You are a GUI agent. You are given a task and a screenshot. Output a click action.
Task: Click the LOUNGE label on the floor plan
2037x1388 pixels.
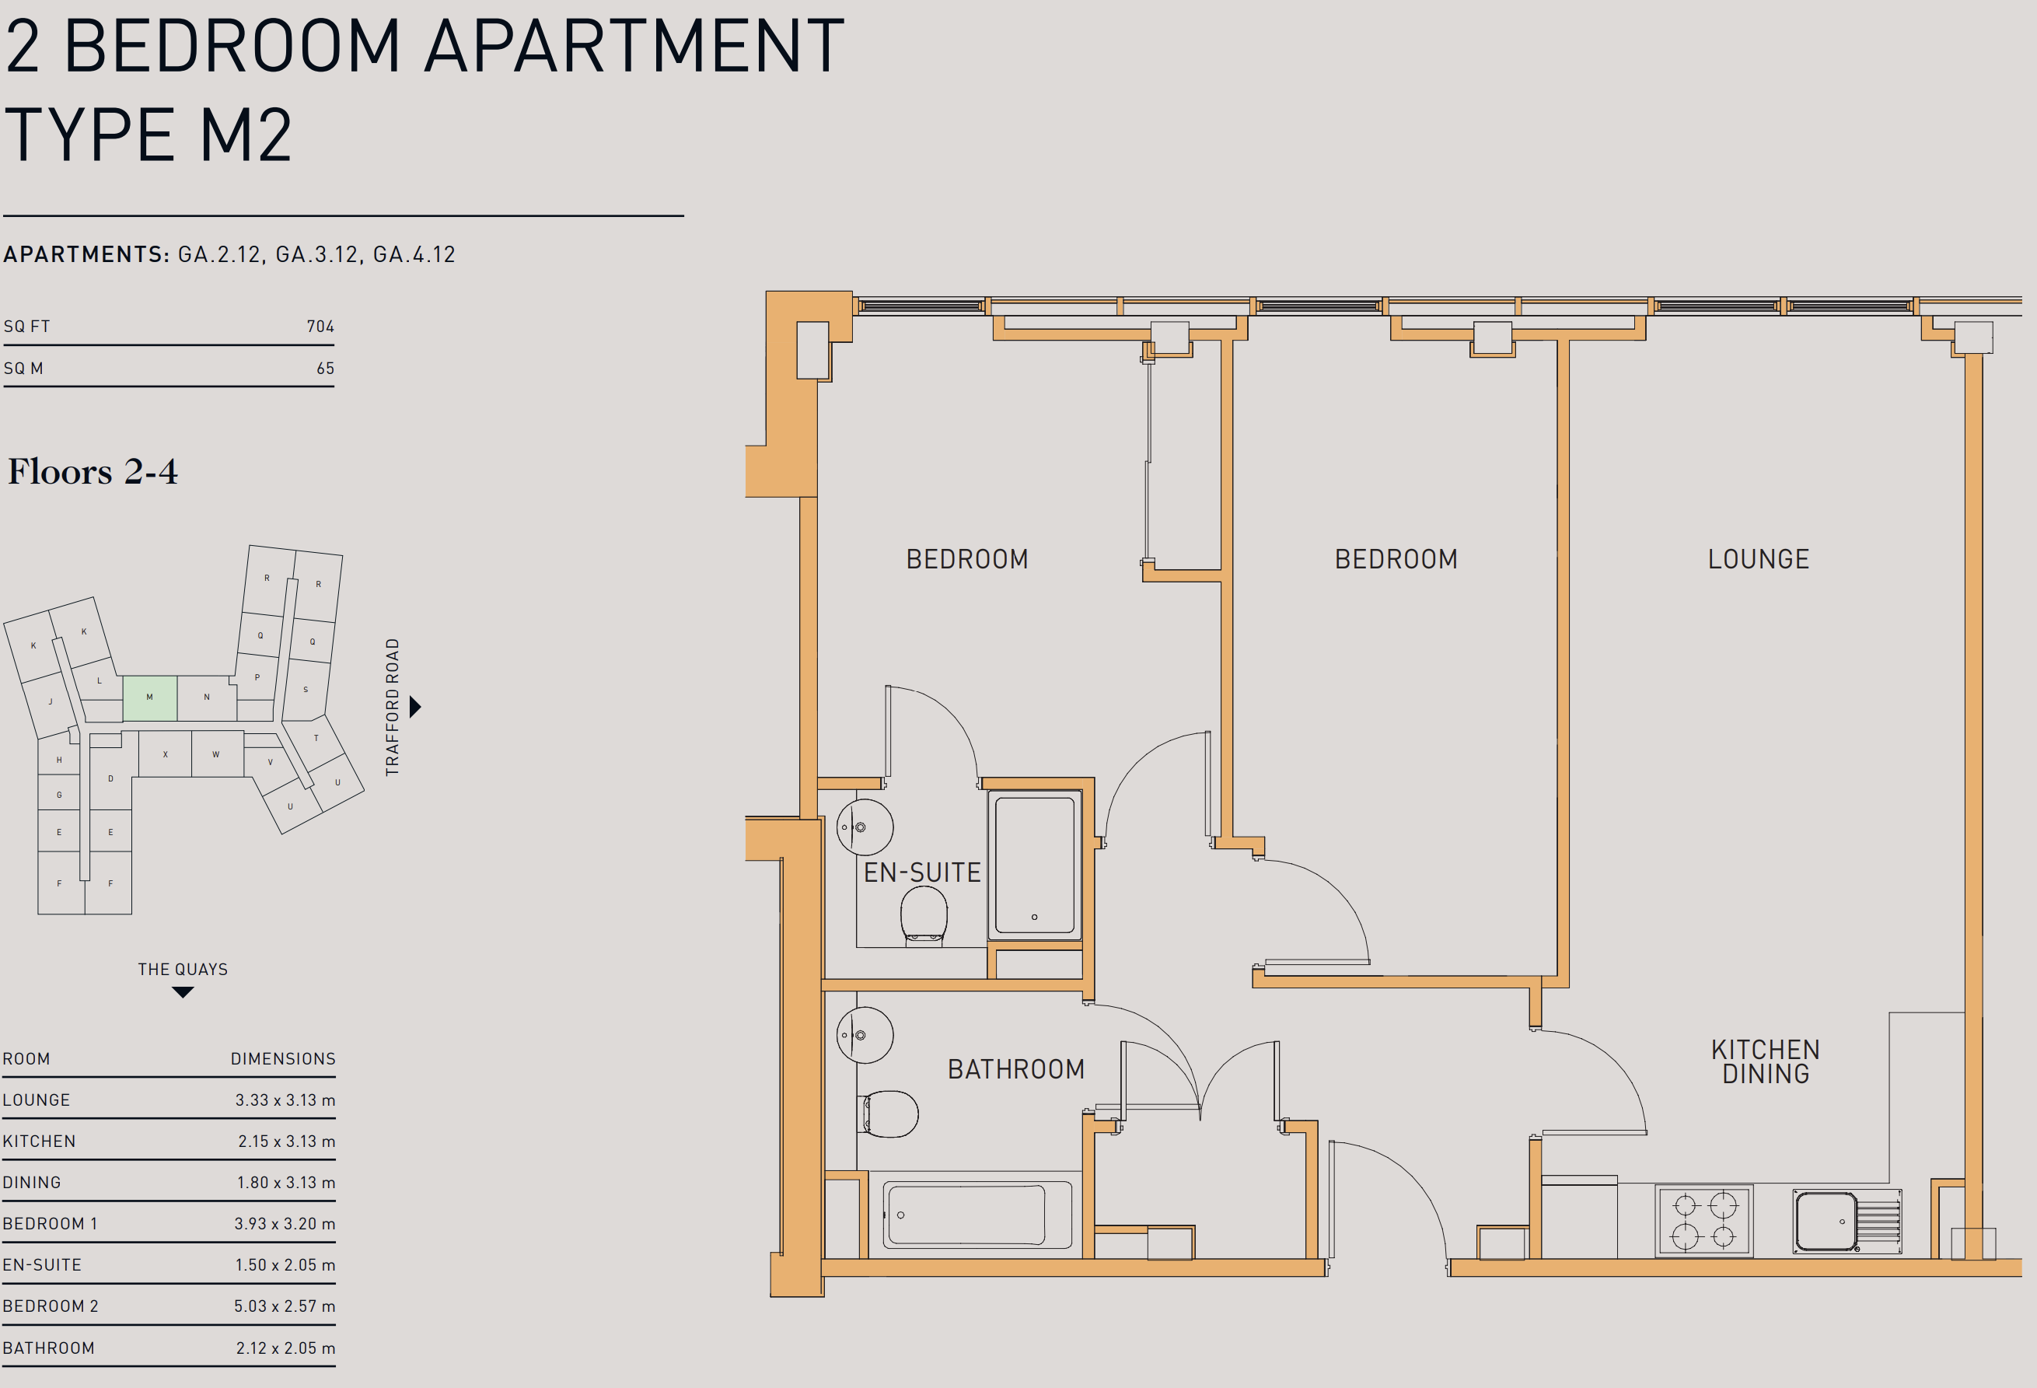pyautogui.click(x=1758, y=559)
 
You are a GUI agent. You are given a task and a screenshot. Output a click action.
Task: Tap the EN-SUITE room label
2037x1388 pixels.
pyautogui.click(x=922, y=872)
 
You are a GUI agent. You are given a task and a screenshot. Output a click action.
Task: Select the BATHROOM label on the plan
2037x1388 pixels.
pyautogui.click(x=1016, y=1069)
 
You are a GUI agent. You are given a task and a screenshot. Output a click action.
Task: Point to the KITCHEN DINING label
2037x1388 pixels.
pyautogui.click(x=1766, y=1062)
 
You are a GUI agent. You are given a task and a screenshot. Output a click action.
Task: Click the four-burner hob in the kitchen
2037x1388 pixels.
pyautogui.click(x=1704, y=1221)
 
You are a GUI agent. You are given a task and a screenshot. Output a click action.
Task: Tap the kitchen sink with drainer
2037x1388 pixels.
pyautogui.click(x=1847, y=1221)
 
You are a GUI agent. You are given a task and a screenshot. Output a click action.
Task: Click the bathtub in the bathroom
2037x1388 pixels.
pyautogui.click(x=977, y=1215)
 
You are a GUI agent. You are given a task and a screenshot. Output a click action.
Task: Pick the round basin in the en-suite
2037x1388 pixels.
pyautogui.click(x=865, y=827)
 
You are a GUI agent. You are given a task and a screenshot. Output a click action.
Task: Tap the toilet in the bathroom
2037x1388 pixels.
pyautogui.click(x=888, y=1114)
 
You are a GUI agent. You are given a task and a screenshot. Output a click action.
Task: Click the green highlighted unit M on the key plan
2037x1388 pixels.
pyautogui.click(x=150, y=698)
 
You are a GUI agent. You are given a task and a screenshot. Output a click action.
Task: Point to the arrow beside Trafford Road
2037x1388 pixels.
pyautogui.click(x=415, y=707)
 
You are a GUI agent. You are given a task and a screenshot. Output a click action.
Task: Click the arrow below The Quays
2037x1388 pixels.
pyautogui.click(x=182, y=992)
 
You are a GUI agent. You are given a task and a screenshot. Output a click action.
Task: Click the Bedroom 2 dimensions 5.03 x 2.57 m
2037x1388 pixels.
pyautogui.click(x=284, y=1306)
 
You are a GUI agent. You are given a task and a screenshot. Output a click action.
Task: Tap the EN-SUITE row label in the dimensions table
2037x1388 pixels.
pyautogui.click(x=42, y=1264)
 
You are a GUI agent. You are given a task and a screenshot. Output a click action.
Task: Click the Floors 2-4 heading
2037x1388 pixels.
pyautogui.click(x=93, y=472)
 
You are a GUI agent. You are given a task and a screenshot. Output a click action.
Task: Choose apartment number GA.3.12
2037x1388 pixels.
pyautogui.click(x=316, y=254)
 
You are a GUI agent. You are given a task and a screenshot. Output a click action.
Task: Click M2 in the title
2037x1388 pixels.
pyautogui.click(x=246, y=135)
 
